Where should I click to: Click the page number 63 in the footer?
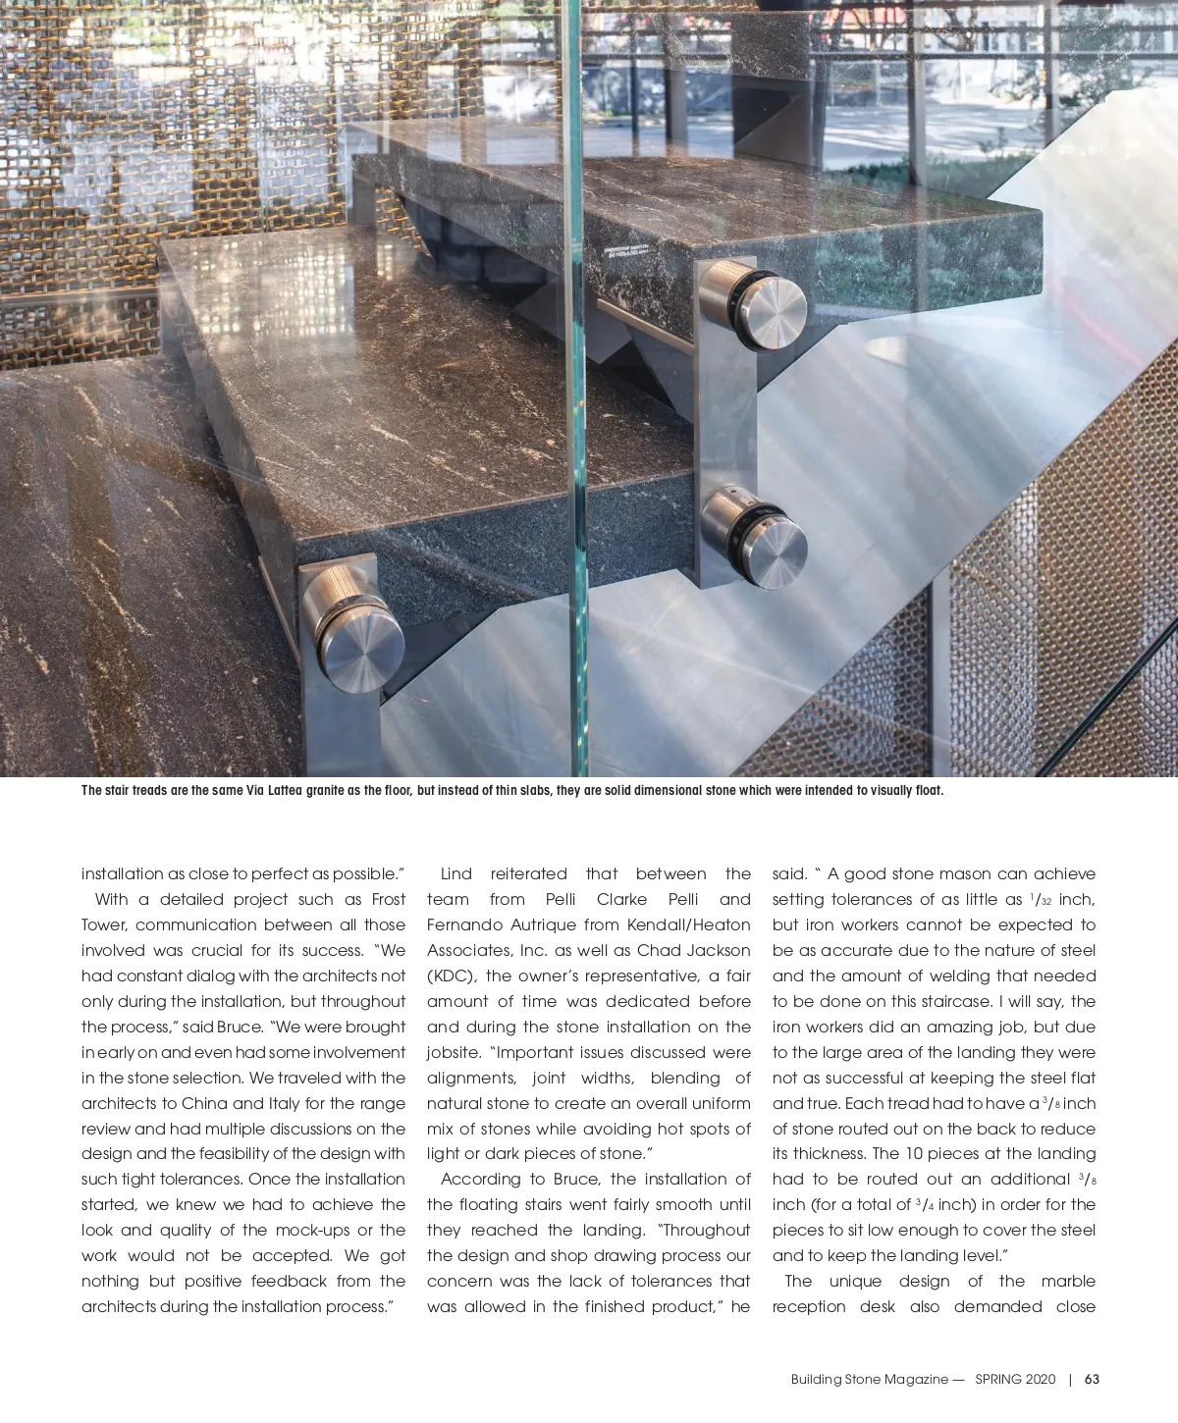click(x=1092, y=1379)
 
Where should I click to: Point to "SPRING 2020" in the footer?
click(x=1015, y=1379)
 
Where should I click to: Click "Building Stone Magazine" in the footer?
click(x=870, y=1379)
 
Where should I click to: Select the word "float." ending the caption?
click(x=928, y=791)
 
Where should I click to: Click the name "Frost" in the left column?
click(x=389, y=899)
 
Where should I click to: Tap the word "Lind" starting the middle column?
click(x=456, y=873)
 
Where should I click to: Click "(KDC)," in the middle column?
click(x=452, y=975)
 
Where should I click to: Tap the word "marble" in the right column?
click(x=1068, y=1281)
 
